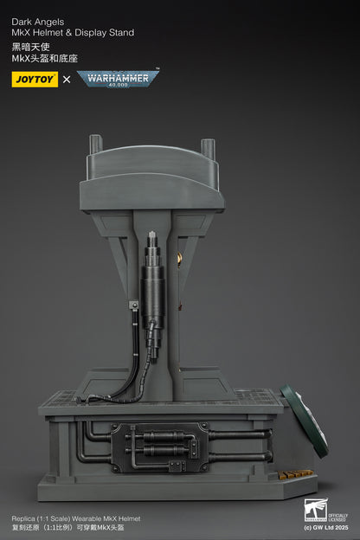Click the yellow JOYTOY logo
(x=35, y=80)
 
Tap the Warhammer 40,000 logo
(x=118, y=79)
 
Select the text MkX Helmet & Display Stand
(x=73, y=33)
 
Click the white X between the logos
(x=67, y=80)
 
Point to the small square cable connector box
(x=135, y=305)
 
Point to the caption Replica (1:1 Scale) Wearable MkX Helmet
(x=70, y=517)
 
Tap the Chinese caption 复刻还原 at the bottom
(x=24, y=527)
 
